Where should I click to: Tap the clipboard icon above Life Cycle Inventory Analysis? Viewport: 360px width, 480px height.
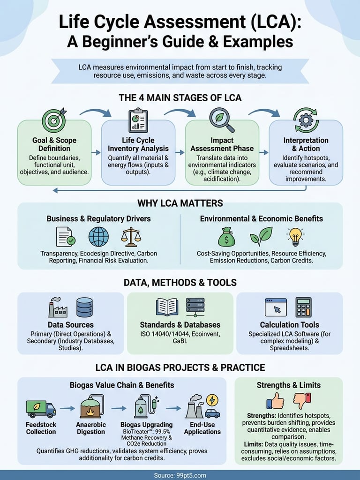138,120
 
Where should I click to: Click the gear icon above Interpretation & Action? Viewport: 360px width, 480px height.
306,120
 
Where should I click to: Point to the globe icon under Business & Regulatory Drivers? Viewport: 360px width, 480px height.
98,237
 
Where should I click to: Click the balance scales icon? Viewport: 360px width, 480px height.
131,237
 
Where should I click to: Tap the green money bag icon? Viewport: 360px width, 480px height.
226,237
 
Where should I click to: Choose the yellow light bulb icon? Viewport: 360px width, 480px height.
295,237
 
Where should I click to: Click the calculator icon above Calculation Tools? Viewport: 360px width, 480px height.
303,307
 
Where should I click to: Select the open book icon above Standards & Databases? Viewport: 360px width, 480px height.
167,307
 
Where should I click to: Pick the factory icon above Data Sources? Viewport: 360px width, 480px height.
58,307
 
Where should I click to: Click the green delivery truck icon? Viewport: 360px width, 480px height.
40,408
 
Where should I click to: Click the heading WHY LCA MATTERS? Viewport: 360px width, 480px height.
180,203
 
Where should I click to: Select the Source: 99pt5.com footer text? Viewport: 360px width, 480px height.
180,475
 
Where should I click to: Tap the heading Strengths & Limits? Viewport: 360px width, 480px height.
289,385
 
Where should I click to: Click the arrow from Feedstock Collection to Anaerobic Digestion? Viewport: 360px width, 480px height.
67,408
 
